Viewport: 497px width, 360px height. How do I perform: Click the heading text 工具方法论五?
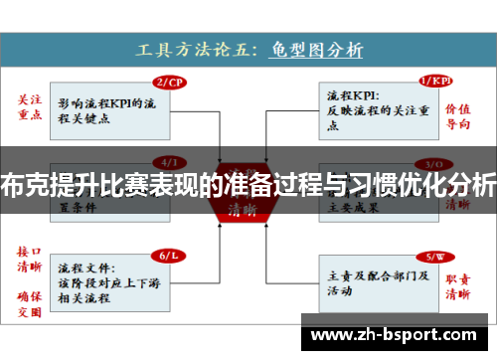click(200, 47)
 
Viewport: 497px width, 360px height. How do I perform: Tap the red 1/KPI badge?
click(434, 82)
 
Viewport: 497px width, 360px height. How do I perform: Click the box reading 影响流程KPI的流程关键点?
click(105, 107)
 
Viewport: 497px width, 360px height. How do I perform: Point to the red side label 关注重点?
click(31, 108)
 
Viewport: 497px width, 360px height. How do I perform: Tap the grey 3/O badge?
click(434, 163)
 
